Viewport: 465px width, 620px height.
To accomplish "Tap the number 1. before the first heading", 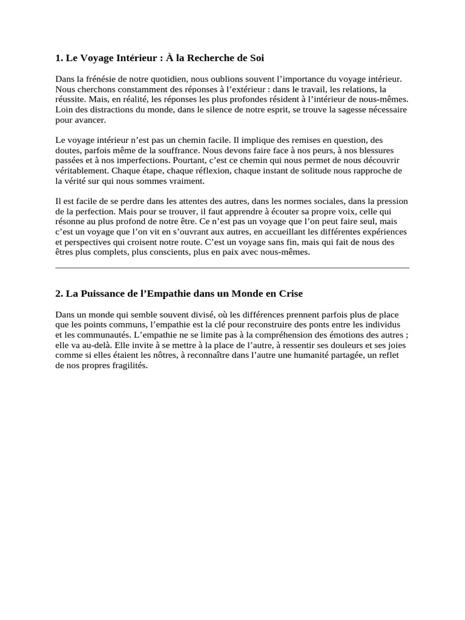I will tap(59, 58).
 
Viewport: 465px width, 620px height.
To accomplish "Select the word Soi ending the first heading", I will tap(257, 58).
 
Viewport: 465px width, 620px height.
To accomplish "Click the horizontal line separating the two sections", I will tap(232, 267).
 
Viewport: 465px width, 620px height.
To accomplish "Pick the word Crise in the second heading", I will tap(291, 294).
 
